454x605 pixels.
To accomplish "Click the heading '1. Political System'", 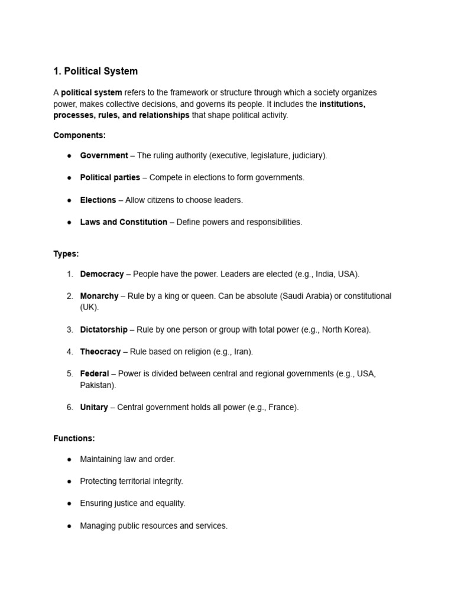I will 95,71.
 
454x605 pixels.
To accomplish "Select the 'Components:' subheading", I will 79,135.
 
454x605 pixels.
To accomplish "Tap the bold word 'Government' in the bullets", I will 103,155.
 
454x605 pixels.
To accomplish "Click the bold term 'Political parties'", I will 110,178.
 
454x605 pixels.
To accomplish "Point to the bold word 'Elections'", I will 98,200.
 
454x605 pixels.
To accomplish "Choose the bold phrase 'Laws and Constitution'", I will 124,222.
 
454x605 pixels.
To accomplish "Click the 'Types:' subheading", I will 66,254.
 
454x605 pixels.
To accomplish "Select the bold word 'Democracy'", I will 102,274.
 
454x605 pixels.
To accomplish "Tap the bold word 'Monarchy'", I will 99,296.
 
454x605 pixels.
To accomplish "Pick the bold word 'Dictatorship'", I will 103,330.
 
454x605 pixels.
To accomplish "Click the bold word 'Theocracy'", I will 100,352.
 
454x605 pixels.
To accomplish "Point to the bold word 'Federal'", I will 95,374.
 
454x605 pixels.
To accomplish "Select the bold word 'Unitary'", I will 94,407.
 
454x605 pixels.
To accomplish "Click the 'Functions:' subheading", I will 74,439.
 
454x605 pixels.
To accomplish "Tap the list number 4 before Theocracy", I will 69,352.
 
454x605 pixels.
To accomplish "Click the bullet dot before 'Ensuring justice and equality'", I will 69,503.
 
